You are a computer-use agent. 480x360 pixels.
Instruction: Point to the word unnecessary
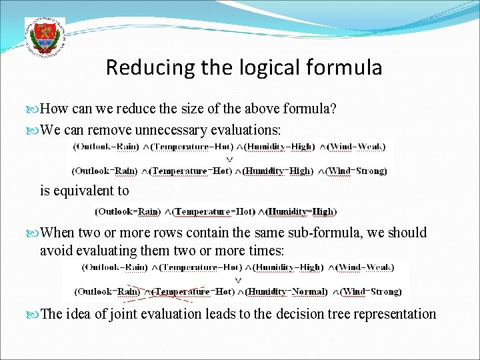(172, 129)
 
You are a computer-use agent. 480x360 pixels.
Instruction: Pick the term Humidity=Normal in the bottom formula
(287, 291)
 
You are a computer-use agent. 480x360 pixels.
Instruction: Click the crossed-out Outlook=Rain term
(105, 291)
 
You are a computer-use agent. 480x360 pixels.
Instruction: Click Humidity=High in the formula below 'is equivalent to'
(302, 212)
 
